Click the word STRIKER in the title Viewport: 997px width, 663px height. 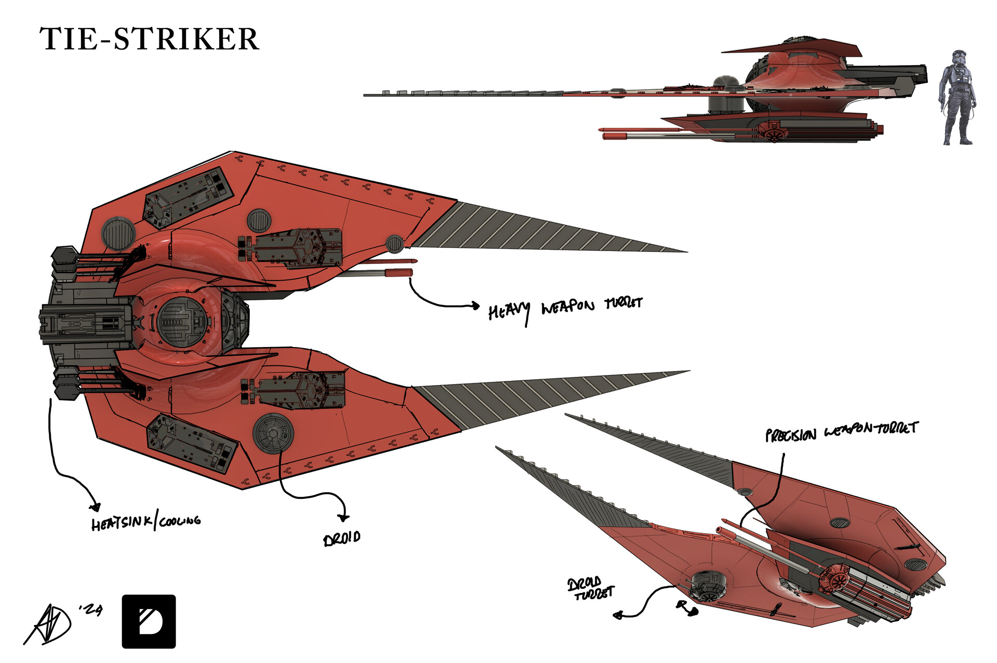186,39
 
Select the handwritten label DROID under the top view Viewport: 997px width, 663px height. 342,538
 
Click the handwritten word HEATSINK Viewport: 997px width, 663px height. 122,523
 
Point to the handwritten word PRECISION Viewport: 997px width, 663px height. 791,435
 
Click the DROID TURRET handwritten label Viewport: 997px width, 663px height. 590,588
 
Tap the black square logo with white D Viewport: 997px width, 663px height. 149,621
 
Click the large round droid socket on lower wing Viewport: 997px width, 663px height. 273,433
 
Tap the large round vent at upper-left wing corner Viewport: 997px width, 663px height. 118,234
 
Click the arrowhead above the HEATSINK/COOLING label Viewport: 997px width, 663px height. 95,507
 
